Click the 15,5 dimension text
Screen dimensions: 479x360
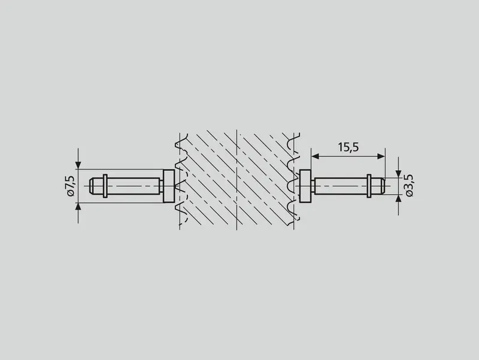[348, 147]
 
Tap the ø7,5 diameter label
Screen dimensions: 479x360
[70, 186]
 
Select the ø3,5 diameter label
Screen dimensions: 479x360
[410, 186]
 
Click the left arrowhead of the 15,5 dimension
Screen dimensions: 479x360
[315, 156]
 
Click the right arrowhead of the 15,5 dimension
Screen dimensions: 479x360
[381, 156]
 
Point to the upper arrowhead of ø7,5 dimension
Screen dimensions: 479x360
[78, 165]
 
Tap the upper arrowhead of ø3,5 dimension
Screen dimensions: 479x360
[398, 174]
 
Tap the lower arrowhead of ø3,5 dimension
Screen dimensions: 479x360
[398, 199]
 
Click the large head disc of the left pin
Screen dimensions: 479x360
[169, 186]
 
